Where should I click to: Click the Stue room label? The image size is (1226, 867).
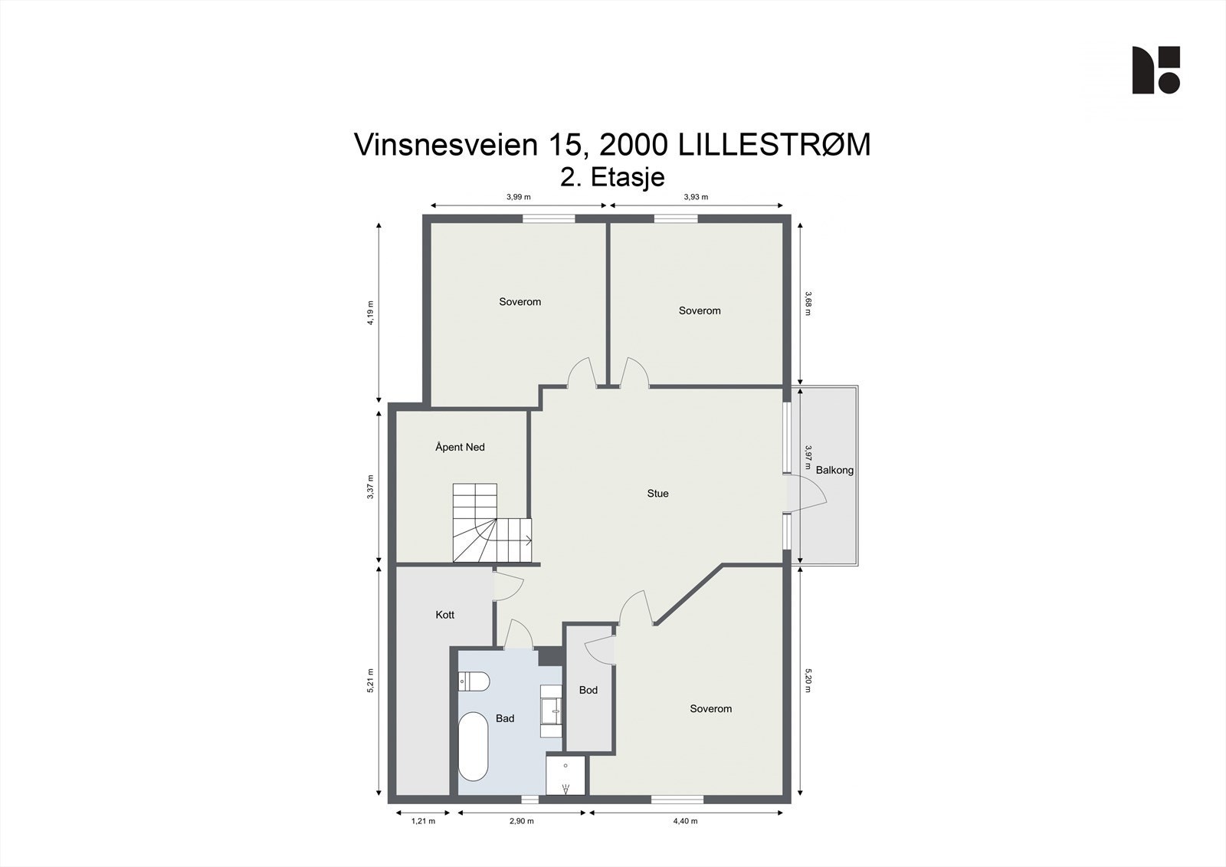(x=657, y=494)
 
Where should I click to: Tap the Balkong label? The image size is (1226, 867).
(x=834, y=470)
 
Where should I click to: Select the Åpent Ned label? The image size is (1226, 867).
(x=460, y=447)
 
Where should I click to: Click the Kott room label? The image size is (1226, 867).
(x=444, y=615)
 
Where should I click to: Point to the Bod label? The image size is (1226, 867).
(x=588, y=690)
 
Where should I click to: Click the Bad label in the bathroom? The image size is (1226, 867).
(x=504, y=718)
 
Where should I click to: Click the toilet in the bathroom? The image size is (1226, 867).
(x=474, y=681)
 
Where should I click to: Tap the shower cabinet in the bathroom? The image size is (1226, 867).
(x=565, y=776)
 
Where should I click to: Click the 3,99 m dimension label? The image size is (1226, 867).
(x=519, y=197)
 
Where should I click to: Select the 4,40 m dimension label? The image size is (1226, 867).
(x=685, y=821)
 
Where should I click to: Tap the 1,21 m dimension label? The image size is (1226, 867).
(x=423, y=821)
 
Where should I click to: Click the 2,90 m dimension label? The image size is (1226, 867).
(x=522, y=821)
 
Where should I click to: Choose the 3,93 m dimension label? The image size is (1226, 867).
(x=696, y=197)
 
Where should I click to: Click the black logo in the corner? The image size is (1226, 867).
(x=1156, y=70)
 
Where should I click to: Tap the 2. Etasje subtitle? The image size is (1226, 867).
(x=612, y=177)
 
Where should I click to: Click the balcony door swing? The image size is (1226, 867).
(x=808, y=497)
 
